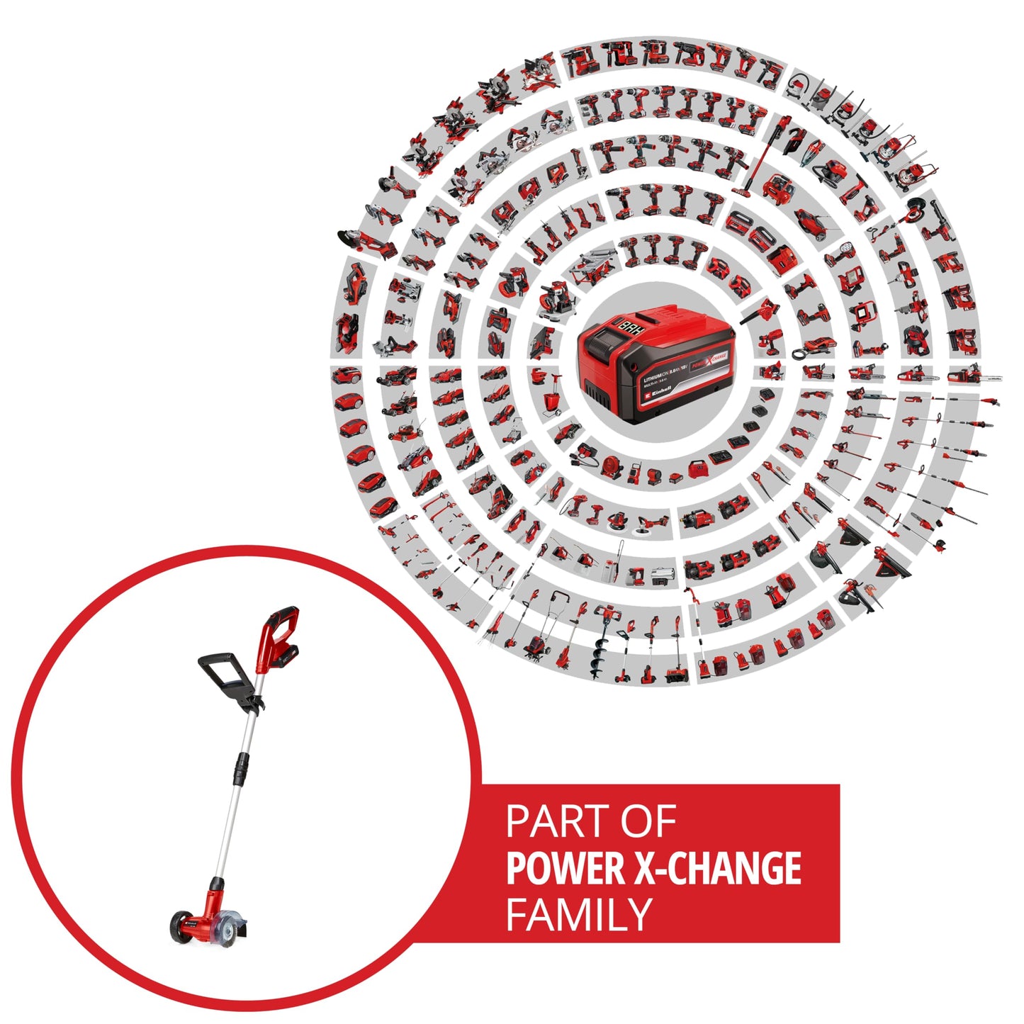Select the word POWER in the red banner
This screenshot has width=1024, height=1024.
566,868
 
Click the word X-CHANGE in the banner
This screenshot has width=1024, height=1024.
717,868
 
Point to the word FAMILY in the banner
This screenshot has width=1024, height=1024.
578,914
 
